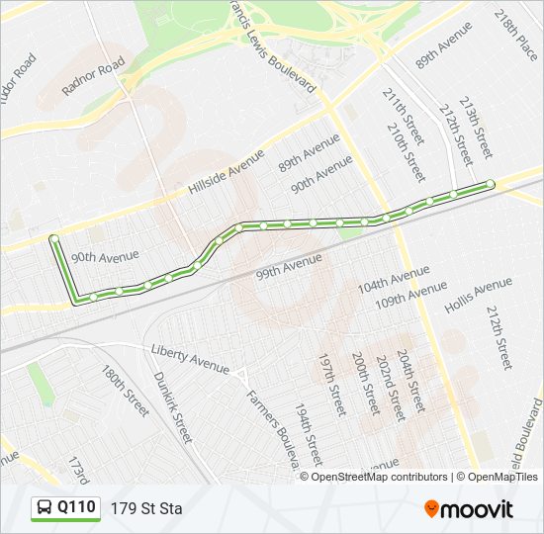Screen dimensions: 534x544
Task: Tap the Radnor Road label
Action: pyautogui.click(x=93, y=75)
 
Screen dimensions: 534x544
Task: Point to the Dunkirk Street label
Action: pyautogui.click(x=172, y=406)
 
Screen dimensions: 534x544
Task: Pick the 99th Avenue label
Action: pyautogui.click(x=289, y=266)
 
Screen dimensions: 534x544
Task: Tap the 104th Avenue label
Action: pyautogui.click(x=394, y=278)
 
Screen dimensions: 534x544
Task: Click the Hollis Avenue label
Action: pyautogui.click(x=478, y=296)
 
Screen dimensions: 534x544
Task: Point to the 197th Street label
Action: pyautogui.click(x=330, y=384)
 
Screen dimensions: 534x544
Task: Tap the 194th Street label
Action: pyautogui.click(x=308, y=433)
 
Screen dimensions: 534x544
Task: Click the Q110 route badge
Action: pyautogui.click(x=65, y=508)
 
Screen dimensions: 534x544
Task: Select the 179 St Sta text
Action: pyautogui.click(x=146, y=509)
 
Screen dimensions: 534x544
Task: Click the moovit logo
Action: pyautogui.click(x=469, y=509)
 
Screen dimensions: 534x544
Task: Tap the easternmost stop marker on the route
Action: pyautogui.click(x=491, y=184)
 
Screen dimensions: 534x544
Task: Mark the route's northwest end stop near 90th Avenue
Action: pyautogui.click(x=53, y=238)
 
